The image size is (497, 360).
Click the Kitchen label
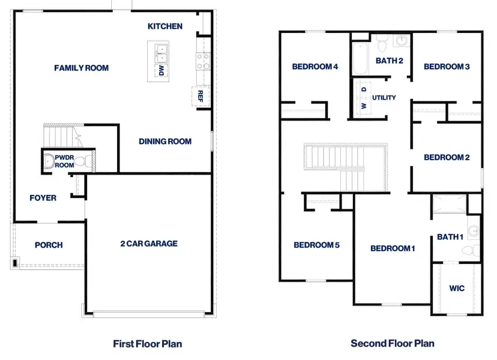point(165,26)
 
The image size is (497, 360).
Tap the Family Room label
point(82,68)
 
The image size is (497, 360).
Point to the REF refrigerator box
point(200,95)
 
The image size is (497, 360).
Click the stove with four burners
point(202,61)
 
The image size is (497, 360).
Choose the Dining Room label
point(165,142)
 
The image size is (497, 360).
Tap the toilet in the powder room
point(88,161)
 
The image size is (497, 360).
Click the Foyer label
point(43,197)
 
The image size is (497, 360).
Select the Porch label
point(49,245)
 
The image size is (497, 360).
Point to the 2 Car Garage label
point(149,244)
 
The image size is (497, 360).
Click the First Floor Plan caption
point(148,344)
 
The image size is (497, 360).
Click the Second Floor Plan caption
point(393,344)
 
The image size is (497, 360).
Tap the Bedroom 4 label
point(315,67)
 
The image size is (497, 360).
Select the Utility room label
point(384,97)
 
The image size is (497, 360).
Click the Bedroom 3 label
point(447,67)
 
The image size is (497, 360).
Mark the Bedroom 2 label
point(447,158)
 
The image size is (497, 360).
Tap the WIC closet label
point(457,288)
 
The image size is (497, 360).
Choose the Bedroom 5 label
point(317,245)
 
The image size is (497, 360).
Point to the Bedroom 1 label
point(393,248)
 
